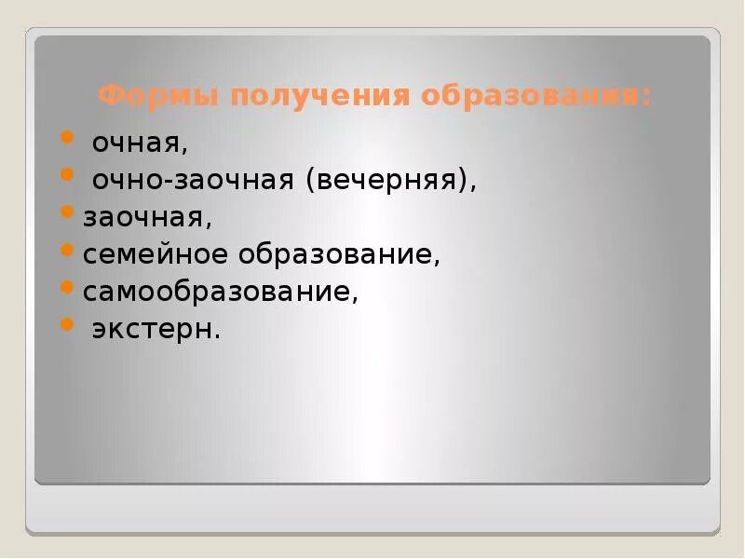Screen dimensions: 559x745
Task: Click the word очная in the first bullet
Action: (139, 143)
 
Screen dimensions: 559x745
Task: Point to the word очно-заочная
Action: (193, 181)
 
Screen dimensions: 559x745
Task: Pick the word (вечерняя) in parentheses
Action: (386, 181)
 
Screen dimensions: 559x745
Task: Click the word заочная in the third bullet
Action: (147, 217)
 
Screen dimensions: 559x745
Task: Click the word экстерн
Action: (154, 329)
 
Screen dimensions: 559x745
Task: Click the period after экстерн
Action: (218, 335)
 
